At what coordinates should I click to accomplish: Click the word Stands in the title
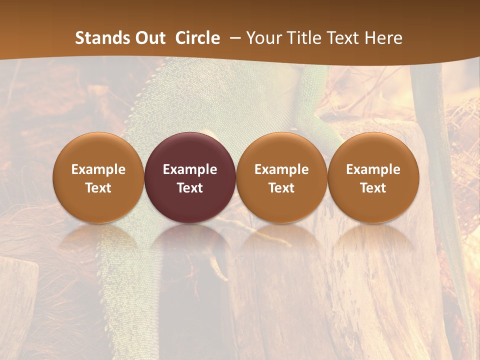tap(102, 38)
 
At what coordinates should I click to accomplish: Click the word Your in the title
tap(262, 38)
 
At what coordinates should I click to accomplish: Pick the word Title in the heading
tap(301, 38)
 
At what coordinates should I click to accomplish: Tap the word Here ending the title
tap(383, 38)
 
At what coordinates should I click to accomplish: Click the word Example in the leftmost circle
tap(98, 169)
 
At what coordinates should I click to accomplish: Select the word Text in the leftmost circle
tap(98, 188)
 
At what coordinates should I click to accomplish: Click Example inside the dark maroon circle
tap(190, 169)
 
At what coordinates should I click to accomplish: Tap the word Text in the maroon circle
tap(190, 188)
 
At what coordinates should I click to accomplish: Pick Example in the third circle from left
tap(281, 169)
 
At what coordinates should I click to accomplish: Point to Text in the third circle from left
tap(281, 188)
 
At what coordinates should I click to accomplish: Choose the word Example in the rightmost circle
tap(373, 169)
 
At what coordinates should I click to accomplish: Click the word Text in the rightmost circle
tap(373, 188)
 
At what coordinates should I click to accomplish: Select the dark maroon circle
tap(190, 150)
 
